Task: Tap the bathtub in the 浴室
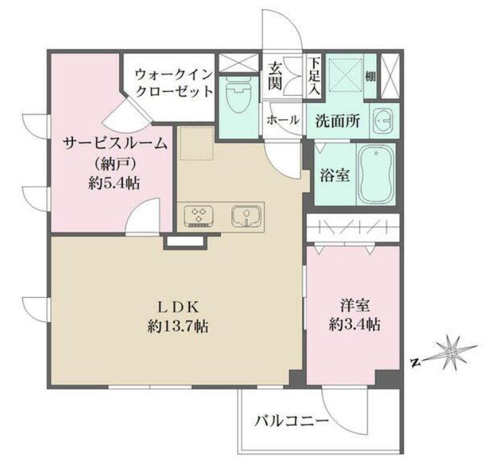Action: click(375, 175)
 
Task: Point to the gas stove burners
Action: click(199, 216)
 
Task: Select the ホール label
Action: click(282, 121)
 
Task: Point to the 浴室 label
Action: click(334, 176)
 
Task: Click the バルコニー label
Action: click(290, 421)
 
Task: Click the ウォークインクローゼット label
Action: click(173, 82)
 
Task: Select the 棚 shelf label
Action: click(370, 76)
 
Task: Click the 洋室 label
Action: click(355, 306)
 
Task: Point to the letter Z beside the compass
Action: click(415, 364)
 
